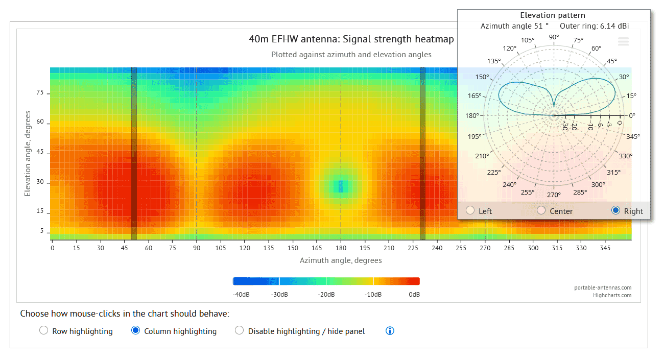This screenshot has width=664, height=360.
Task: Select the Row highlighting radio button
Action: pyautogui.click(x=44, y=330)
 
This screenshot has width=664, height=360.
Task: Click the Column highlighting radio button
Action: pyautogui.click(x=136, y=330)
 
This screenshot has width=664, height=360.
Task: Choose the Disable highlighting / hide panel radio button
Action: pyautogui.click(x=239, y=330)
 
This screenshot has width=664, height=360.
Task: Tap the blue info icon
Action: pyautogui.click(x=390, y=331)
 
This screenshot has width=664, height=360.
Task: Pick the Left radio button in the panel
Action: pyautogui.click(x=470, y=210)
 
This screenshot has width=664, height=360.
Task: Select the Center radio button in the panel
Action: pyautogui.click(x=541, y=210)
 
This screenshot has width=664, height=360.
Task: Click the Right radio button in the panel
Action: pyautogui.click(x=616, y=210)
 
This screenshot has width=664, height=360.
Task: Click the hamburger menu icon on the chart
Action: pyautogui.click(x=623, y=42)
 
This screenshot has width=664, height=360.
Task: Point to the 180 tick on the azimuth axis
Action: pyautogui.click(x=341, y=248)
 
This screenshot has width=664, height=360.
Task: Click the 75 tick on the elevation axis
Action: pyautogui.click(x=40, y=93)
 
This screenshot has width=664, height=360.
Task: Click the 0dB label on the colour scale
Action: pyautogui.click(x=414, y=295)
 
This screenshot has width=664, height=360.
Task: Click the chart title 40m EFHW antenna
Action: pyautogui.click(x=351, y=39)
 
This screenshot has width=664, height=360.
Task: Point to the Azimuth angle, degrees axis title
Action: pyautogui.click(x=341, y=260)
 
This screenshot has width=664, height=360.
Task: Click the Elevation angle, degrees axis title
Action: pyautogui.click(x=28, y=154)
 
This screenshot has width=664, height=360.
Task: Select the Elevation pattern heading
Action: pyautogui.click(x=553, y=15)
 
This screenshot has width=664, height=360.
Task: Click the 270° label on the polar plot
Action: pyautogui.click(x=554, y=195)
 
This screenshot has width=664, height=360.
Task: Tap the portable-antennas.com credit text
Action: pyautogui.click(x=603, y=287)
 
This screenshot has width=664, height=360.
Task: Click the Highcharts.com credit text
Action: pyautogui.click(x=612, y=295)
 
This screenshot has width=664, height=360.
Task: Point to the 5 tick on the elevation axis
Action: pyautogui.click(x=41, y=231)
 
